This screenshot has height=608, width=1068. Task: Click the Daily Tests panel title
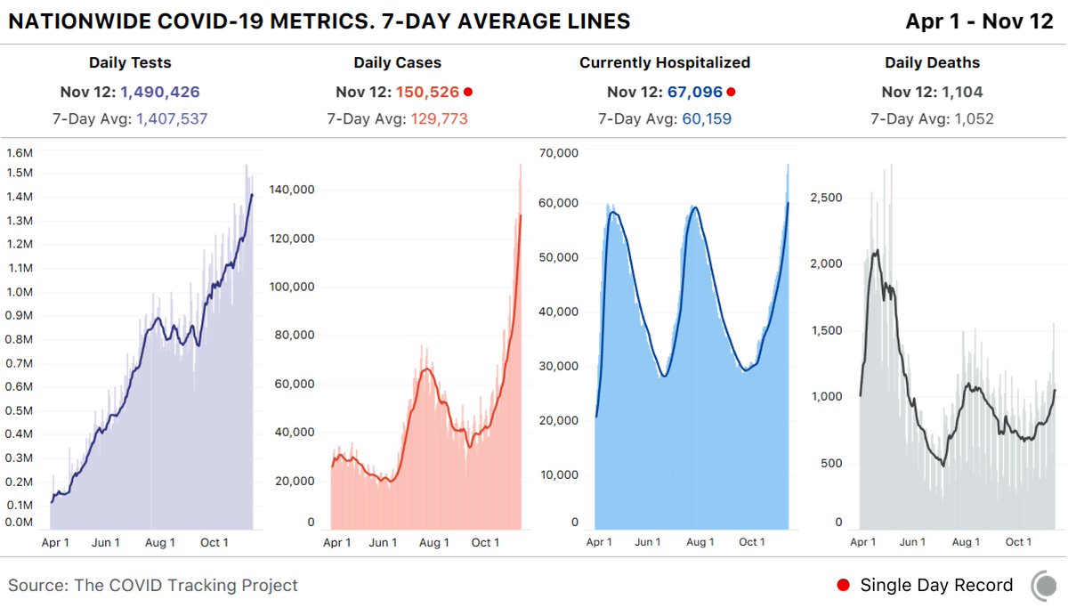click(x=130, y=63)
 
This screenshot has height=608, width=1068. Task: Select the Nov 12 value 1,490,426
click(x=160, y=92)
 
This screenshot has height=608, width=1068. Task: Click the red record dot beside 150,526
click(x=468, y=92)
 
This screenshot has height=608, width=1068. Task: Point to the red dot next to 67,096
click(x=732, y=92)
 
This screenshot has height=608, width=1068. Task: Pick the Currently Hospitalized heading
click(x=665, y=63)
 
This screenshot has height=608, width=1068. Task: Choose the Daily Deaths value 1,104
click(x=959, y=92)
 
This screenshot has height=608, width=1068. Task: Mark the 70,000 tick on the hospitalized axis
click(x=560, y=152)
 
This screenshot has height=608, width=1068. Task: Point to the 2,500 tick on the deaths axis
click(x=826, y=198)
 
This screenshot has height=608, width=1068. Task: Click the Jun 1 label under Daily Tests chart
click(x=107, y=542)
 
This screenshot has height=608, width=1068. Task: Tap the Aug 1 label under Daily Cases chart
click(x=433, y=542)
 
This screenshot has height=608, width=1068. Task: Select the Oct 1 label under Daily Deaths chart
click(x=1018, y=542)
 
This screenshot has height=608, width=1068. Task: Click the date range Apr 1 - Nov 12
click(x=979, y=21)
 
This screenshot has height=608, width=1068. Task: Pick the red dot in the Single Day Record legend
click(x=843, y=585)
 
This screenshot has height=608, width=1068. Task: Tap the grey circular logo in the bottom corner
click(x=1044, y=585)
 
